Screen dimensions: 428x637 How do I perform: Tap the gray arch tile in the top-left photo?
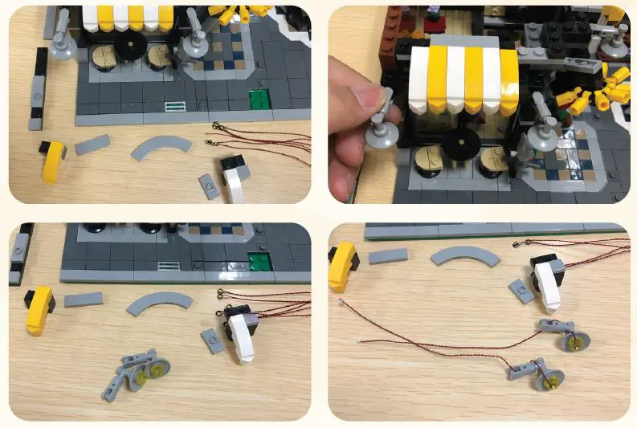coord(163,147)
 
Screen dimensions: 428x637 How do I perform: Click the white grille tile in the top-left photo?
coord(174,105)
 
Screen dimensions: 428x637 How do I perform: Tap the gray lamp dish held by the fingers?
coord(381,132)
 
